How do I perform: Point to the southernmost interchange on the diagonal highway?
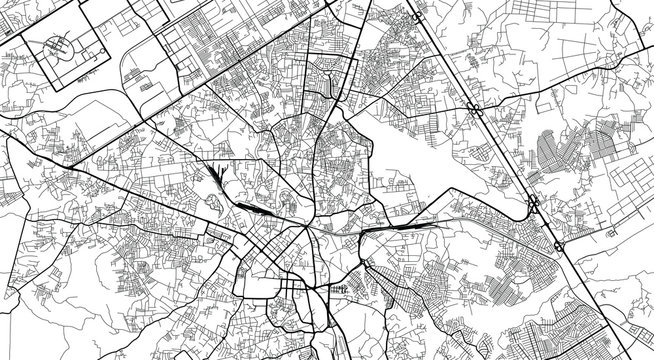556,243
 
